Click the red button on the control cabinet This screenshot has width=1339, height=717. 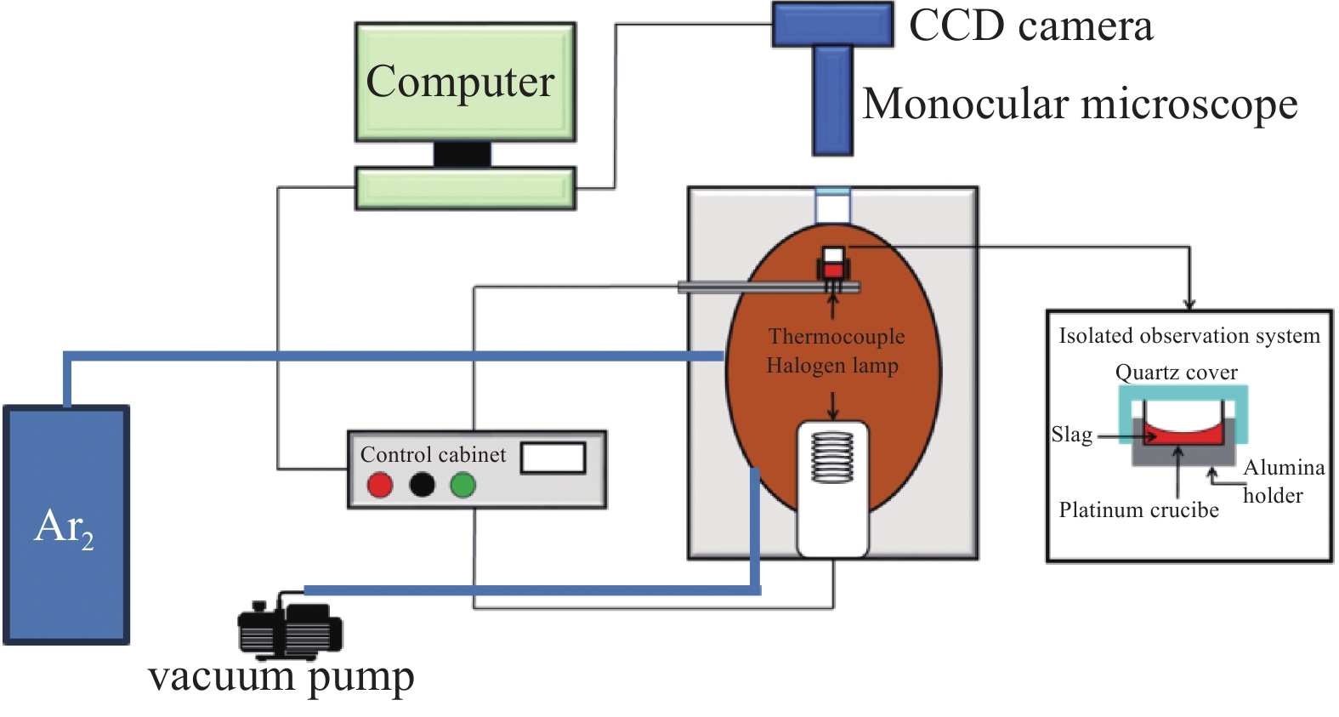tap(379, 485)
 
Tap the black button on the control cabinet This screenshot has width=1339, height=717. tap(422, 485)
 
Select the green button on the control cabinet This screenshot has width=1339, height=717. tap(462, 485)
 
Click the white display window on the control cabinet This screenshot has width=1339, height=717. tap(553, 458)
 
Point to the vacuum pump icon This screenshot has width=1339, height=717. tap(289, 629)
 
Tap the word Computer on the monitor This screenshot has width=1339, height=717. tap(460, 82)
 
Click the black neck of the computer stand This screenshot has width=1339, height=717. tap(462, 155)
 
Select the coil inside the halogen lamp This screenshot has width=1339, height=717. tap(832, 457)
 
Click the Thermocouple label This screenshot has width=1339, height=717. tap(837, 336)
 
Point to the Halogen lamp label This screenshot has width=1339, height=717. tap(832, 366)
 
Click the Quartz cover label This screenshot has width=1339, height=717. tap(1176, 373)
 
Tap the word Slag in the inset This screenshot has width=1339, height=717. tap(1071, 435)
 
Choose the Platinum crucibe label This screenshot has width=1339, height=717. tap(1138, 510)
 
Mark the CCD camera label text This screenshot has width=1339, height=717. tap(1030, 26)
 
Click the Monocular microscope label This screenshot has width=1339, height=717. tap(1080, 105)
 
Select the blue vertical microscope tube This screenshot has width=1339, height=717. tap(832, 100)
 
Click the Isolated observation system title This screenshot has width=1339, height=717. tap(1189, 336)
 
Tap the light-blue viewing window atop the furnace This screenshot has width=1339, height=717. tap(832, 205)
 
